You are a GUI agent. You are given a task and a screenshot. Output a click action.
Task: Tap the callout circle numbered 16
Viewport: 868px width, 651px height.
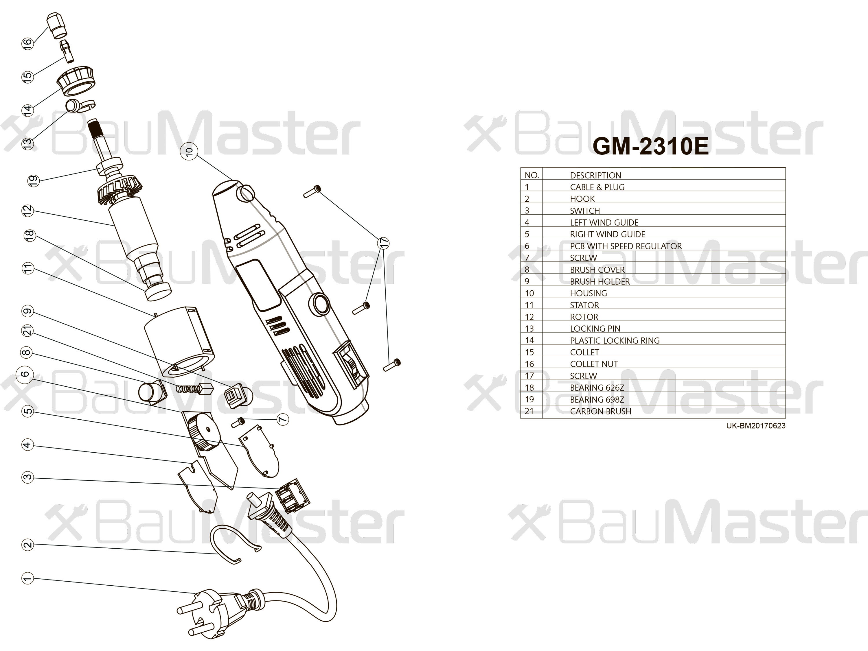[x=27, y=43]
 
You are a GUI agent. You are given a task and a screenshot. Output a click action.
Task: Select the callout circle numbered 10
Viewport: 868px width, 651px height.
[x=189, y=151]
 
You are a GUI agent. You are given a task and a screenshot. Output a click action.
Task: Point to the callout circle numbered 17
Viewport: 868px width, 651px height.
[x=383, y=243]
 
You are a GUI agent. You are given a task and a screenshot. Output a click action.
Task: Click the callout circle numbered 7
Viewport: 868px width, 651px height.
[x=282, y=420]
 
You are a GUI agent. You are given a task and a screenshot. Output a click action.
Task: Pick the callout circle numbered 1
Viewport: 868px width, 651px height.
[x=27, y=578]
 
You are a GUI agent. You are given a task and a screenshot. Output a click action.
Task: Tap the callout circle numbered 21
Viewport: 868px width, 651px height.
[x=27, y=331]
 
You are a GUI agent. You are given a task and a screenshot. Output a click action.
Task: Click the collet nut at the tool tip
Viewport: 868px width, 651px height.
[x=57, y=25]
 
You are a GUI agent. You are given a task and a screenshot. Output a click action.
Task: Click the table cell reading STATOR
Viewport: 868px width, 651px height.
[x=584, y=305]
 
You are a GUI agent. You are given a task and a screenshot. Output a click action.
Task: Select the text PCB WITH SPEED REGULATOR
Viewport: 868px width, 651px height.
[x=626, y=246]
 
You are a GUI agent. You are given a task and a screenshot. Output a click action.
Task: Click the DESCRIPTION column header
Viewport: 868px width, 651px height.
[x=595, y=175]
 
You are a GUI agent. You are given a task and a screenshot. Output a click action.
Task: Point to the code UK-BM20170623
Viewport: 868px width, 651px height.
[x=755, y=426]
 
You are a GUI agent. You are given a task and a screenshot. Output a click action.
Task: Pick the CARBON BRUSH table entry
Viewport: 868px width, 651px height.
[x=600, y=411]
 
